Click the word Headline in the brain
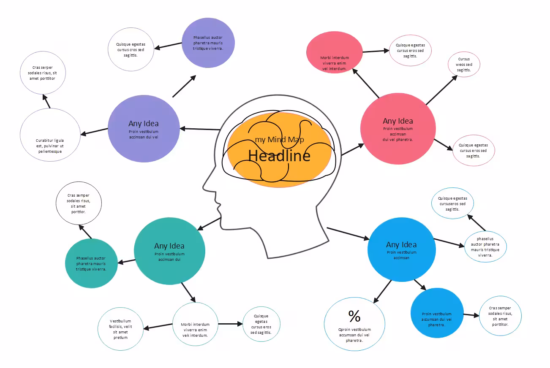pyautogui.click(x=279, y=156)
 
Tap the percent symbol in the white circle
pyautogui.click(x=354, y=316)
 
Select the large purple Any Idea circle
pyautogui.click(x=144, y=128)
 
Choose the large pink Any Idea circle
pyautogui.click(x=398, y=128)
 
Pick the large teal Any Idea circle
pyautogui.click(x=169, y=251)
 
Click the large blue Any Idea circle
pyautogui.click(x=401, y=249)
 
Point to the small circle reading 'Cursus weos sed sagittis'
pyautogui.click(x=464, y=65)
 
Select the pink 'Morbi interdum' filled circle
pyautogui.click(x=334, y=52)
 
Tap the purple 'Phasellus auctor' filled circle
pyautogui.click(x=208, y=43)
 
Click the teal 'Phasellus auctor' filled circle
pyautogui.click(x=91, y=263)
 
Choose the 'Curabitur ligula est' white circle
pyautogui.click(x=50, y=135)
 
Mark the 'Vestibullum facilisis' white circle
pyautogui.click(x=120, y=329)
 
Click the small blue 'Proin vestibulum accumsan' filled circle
pyautogui.click(x=437, y=313)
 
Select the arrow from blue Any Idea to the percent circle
pyautogui.click(x=383, y=292)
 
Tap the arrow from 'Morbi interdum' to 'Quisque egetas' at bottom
pyautogui.click(x=230, y=324)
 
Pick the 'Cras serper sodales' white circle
pyautogui.click(x=43, y=73)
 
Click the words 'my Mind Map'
pyautogui.click(x=279, y=140)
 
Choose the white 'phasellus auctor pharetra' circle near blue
pyautogui.click(x=485, y=246)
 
